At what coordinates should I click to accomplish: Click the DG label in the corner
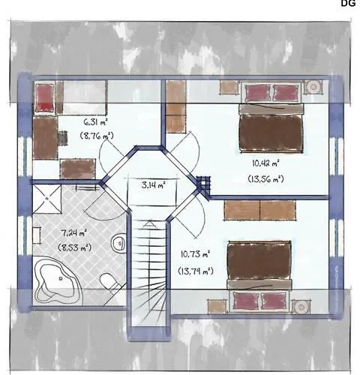point(348,4)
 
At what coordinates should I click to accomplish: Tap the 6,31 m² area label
point(95,120)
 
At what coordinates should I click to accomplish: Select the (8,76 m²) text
point(96,136)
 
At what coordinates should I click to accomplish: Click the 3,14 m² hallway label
point(153,183)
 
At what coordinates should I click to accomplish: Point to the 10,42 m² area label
point(265,162)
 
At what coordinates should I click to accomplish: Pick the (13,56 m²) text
point(265,178)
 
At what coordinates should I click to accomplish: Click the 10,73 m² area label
point(195,253)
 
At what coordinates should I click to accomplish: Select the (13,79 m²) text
point(195,269)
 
